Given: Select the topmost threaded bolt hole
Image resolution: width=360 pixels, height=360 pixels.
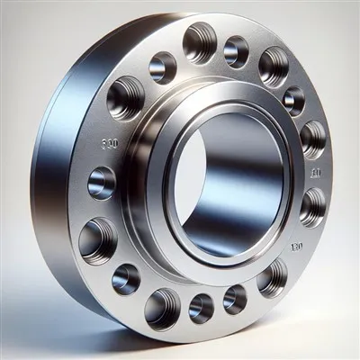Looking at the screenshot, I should [x=199, y=41].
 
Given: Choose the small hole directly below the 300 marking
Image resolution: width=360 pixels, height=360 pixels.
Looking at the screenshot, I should [x=102, y=183].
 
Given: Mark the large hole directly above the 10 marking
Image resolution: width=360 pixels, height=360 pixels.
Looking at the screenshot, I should [x=312, y=139].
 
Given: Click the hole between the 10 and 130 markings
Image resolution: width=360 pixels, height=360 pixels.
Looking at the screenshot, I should [x=312, y=206].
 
